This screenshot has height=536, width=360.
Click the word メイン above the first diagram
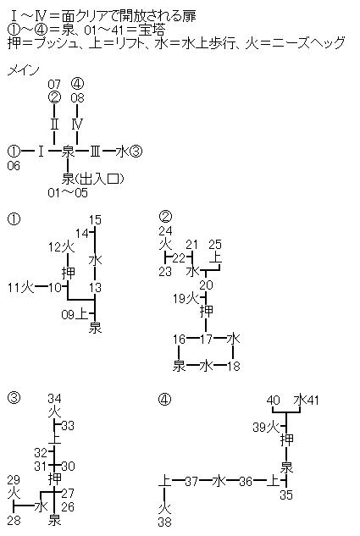(23, 70)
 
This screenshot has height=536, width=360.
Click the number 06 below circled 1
(14, 166)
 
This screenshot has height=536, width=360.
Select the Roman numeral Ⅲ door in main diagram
(95, 151)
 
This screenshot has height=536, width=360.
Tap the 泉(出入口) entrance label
(92, 179)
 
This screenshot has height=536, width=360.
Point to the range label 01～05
(68, 193)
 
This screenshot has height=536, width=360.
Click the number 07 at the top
(54, 84)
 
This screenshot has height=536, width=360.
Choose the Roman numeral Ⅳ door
(77, 124)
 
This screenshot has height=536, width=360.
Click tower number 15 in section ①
(95, 220)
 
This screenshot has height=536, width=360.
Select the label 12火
(61, 246)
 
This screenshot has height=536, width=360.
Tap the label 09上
(75, 314)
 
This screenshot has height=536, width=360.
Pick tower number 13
(95, 288)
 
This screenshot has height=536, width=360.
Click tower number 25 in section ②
(214, 245)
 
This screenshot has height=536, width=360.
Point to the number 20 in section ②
(206, 285)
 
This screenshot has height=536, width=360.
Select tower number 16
(179, 339)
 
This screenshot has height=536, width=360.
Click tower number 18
(234, 366)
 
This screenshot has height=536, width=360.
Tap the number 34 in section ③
(54, 399)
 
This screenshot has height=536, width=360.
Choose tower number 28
(14, 521)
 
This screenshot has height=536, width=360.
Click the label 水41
(306, 400)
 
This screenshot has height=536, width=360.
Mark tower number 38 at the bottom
(165, 522)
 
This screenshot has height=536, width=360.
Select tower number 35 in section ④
(286, 495)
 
